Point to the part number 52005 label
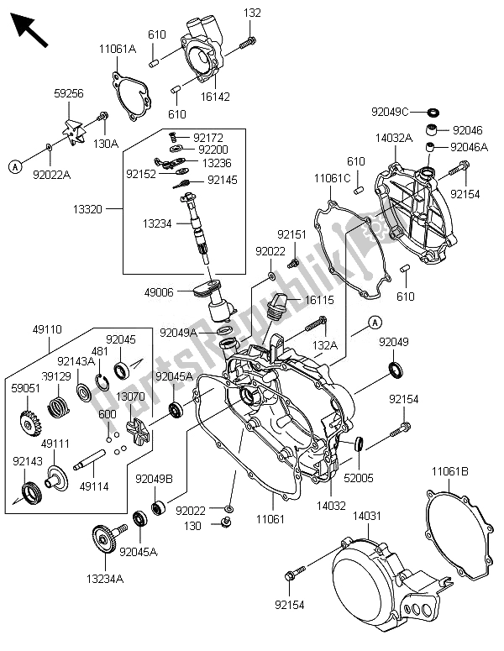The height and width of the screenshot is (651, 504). click(360, 476)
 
